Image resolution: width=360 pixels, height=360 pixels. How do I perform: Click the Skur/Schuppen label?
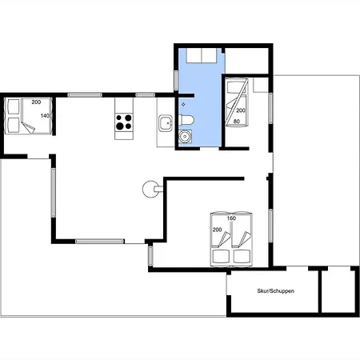tap(275, 291)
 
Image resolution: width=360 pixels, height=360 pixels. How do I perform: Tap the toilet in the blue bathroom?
tap(186, 120)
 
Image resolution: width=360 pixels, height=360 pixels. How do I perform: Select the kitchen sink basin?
tap(166, 123)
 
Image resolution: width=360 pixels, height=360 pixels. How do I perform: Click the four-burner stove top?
tap(124, 122)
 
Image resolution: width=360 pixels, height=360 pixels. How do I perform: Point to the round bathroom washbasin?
tap(184, 136)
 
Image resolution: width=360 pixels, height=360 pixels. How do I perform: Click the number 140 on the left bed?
tap(45, 116)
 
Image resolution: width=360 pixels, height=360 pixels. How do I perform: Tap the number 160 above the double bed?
tap(231, 218)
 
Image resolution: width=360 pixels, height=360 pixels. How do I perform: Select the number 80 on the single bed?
tap(237, 122)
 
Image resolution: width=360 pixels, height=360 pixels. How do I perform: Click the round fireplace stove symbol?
tap(150, 189)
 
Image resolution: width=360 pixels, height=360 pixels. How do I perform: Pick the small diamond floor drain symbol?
tap(183, 105)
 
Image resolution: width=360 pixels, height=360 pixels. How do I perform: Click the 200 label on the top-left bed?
tap(36, 102)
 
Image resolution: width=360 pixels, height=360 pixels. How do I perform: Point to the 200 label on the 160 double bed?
tap(217, 230)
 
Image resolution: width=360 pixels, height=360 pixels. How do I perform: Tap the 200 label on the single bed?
tap(241, 110)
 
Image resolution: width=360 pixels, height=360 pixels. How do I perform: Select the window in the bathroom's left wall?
tap(176, 80)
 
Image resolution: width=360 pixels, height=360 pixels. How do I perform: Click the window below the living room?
tap(100, 242)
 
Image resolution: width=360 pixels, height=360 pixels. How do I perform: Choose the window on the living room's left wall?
tap(54, 192)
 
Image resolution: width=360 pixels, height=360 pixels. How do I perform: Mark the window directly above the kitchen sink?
tap(146, 95)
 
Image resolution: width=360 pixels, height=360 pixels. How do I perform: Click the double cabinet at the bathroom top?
tap(202, 55)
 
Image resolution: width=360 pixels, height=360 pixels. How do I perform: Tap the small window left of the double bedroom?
tap(150, 256)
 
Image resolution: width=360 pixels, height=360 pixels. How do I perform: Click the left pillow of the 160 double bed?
tap(221, 256)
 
